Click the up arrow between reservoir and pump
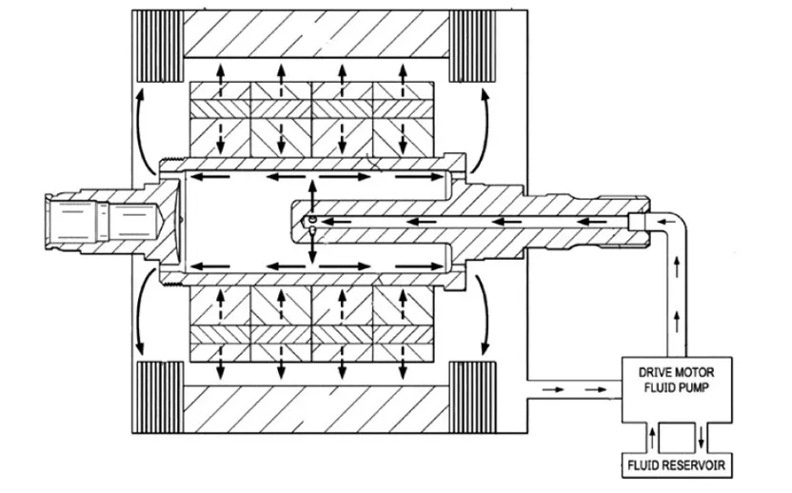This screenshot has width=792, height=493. coord(651,439)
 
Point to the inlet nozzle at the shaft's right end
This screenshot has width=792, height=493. coord(638,222)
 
